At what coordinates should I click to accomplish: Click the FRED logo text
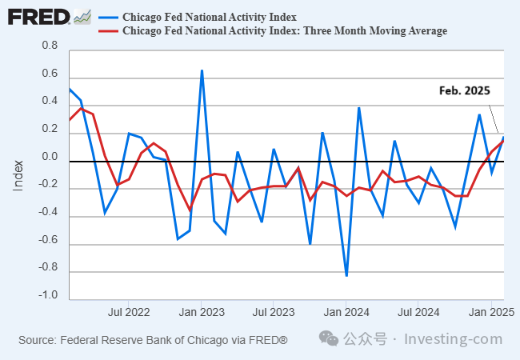click(x=38, y=17)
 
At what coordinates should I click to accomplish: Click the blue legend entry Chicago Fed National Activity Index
click(x=208, y=17)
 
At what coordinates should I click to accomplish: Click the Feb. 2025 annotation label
click(x=464, y=91)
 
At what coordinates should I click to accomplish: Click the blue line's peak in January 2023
click(x=202, y=70)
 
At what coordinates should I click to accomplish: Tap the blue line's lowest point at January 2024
click(x=346, y=275)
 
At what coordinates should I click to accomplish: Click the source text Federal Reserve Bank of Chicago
click(x=153, y=341)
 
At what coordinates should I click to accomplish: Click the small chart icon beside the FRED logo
click(x=82, y=16)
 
